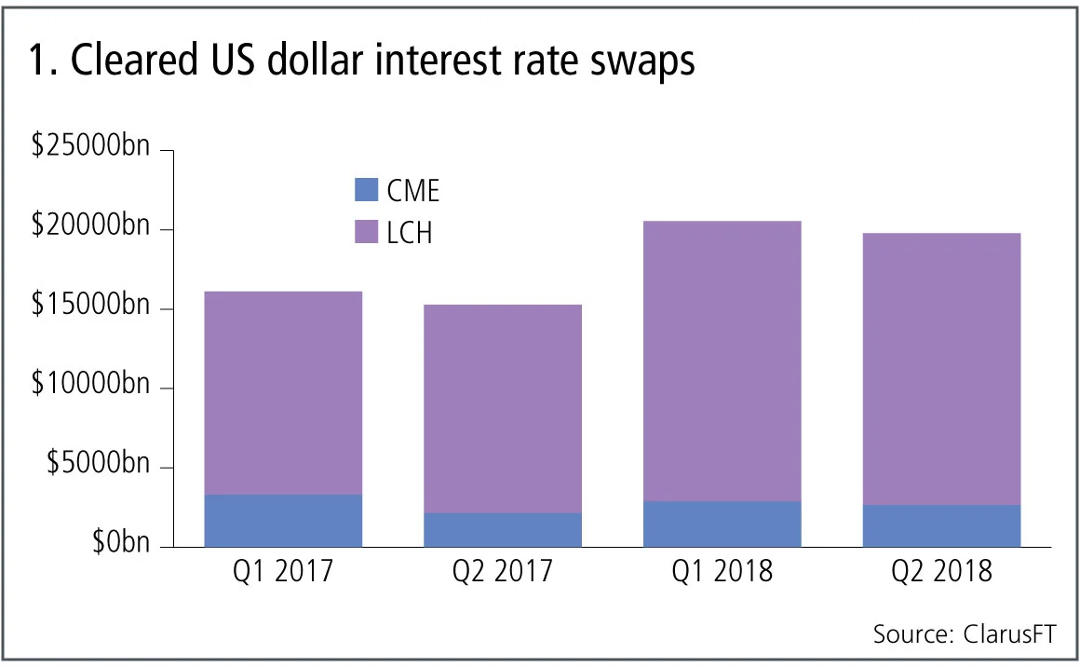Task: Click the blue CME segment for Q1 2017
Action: click(283, 521)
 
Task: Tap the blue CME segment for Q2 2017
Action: click(503, 530)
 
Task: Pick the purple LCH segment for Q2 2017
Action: click(503, 409)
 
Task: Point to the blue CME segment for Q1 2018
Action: click(722, 524)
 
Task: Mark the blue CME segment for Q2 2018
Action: click(941, 526)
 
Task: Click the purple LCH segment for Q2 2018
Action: click(941, 369)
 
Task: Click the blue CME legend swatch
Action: click(367, 190)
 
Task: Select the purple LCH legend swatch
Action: click(367, 231)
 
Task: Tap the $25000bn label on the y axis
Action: click(89, 149)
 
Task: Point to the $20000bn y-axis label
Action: click(89, 228)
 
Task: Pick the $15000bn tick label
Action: click(89, 307)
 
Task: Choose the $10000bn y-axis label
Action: click(89, 387)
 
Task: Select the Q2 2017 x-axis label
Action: click(503, 571)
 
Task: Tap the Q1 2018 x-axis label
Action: click(722, 571)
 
